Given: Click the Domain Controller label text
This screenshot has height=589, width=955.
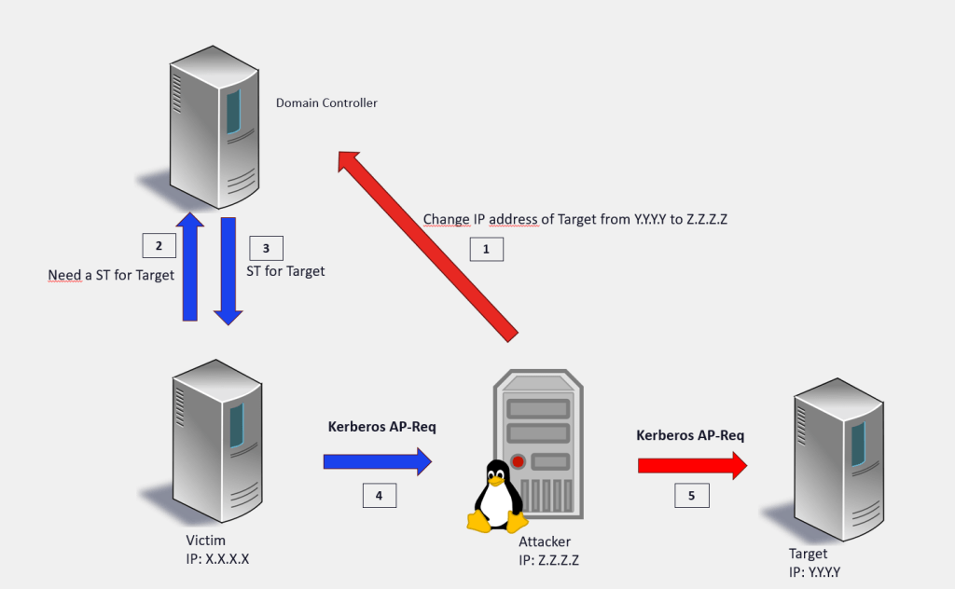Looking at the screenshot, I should coord(326,103).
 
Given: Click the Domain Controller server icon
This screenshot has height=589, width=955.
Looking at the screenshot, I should coord(213,130).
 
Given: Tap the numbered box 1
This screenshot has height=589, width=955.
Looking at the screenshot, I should coord(485,249).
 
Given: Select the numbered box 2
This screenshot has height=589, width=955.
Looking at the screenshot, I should coord(159,246).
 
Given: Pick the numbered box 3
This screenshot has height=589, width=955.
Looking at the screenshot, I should coord(266,248).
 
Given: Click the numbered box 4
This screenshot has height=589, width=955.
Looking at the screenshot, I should coord(379,496).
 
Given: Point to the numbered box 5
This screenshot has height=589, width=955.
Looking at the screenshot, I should coord(691,496).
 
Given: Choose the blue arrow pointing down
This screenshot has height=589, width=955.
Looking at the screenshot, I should coord(228,270).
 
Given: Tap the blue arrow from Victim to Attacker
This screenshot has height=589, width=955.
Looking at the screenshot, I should coord(378,461).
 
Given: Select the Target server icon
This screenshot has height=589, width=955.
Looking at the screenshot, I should coord(835,457).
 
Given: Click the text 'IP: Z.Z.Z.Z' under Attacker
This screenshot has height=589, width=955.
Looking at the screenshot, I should coord(550,558).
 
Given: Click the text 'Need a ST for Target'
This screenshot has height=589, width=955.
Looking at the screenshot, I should coord(111,276).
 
